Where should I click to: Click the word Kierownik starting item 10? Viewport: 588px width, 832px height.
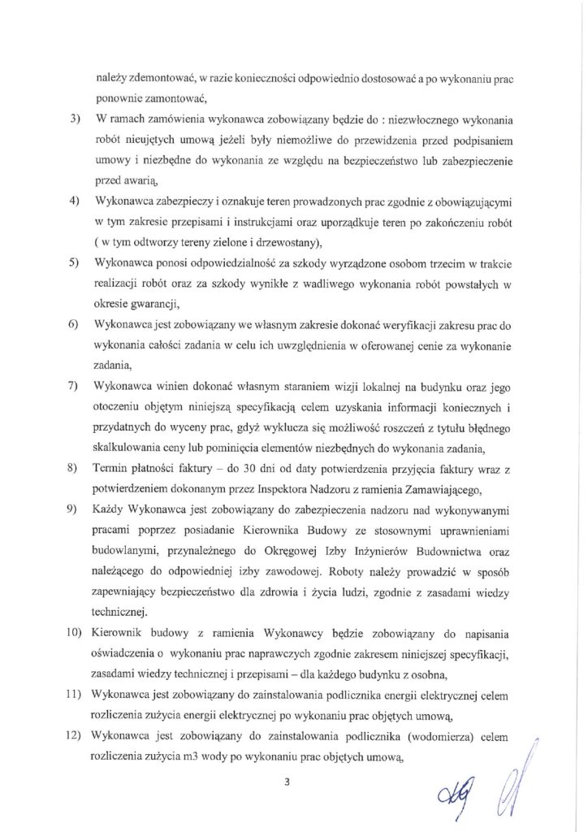[x=119, y=632]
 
